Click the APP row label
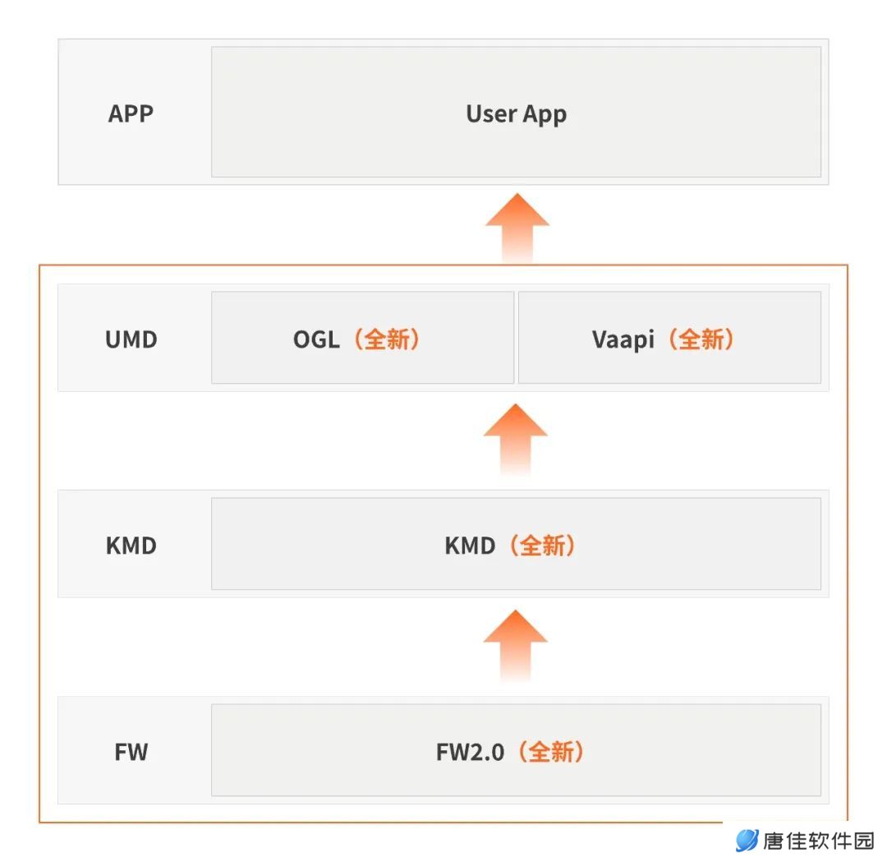click(131, 113)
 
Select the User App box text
click(516, 114)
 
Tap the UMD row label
click(131, 339)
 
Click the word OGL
click(316, 339)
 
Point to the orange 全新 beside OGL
click(387, 339)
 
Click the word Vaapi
click(623, 340)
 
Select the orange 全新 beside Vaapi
click(701, 339)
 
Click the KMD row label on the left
click(131, 546)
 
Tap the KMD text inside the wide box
click(470, 546)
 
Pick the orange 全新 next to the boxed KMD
click(543, 546)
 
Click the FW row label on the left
click(131, 752)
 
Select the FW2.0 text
click(470, 752)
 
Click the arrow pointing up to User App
click(517, 228)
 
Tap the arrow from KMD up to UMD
click(515, 439)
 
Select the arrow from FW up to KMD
click(515, 645)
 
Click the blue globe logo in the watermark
click(747, 841)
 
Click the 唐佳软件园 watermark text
click(819, 841)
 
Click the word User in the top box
click(491, 113)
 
